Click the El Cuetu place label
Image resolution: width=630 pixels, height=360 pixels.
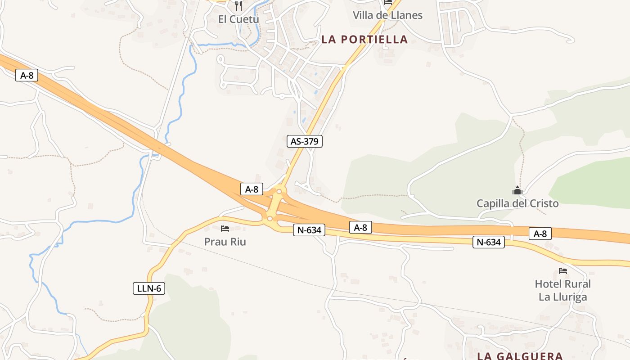(238, 19)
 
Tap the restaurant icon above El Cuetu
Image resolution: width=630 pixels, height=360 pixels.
(238, 6)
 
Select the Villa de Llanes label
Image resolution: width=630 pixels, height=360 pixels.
(387, 15)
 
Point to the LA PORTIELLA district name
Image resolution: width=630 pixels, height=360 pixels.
(364, 40)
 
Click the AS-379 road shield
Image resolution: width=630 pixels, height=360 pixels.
(305, 141)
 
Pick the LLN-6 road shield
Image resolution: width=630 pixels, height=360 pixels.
(149, 288)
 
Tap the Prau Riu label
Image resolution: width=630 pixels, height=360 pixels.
(225, 242)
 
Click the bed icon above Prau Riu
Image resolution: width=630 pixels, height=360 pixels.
(225, 229)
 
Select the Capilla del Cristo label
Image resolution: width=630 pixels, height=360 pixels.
(517, 203)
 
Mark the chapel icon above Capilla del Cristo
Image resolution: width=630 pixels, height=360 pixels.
(517, 190)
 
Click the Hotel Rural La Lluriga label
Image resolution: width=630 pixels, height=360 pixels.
(562, 290)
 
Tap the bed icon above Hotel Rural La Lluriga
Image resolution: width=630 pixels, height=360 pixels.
(562, 271)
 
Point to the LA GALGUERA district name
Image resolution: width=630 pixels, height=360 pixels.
(520, 356)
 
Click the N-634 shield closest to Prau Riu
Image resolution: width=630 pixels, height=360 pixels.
(309, 230)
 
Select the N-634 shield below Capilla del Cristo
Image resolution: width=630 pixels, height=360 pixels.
(489, 242)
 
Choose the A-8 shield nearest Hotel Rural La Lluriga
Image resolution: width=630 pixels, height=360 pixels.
(540, 234)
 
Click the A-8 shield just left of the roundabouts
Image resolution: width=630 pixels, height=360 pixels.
(252, 189)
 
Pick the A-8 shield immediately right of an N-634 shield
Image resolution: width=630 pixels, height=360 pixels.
(360, 227)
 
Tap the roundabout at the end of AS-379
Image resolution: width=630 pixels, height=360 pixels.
(279, 192)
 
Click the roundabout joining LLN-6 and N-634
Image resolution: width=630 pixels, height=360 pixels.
(270, 219)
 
